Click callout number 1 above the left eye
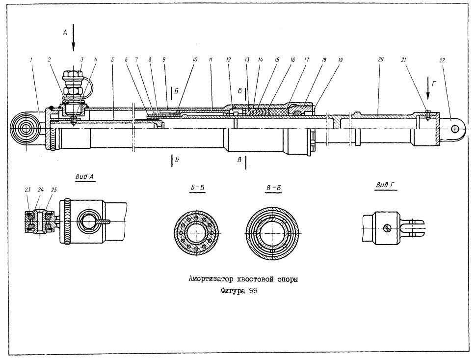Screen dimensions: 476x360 pyautogui.click(x=31, y=60)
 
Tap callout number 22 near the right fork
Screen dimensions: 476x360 pyautogui.click(x=442, y=60)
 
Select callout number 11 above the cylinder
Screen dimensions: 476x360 pyautogui.click(x=211, y=60)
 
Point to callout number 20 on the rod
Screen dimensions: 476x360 pyautogui.click(x=381, y=59)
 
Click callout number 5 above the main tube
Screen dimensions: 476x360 pyautogui.click(x=112, y=60)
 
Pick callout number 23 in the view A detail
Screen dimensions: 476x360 pyautogui.click(x=27, y=190)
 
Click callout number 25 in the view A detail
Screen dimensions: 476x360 pyautogui.click(x=53, y=190)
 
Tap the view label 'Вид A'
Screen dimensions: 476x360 pyautogui.click(x=85, y=177)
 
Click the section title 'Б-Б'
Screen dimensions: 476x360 pyautogui.click(x=197, y=188)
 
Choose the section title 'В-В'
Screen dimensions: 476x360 pyautogui.click(x=273, y=188)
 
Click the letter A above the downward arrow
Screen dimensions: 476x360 pyautogui.click(x=65, y=32)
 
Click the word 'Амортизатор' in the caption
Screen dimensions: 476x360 pyautogui.click(x=211, y=279)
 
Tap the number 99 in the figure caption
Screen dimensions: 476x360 pyautogui.click(x=253, y=291)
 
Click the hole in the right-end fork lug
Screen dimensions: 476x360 pyautogui.click(x=455, y=129)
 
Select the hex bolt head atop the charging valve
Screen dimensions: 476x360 pyautogui.click(x=73, y=74)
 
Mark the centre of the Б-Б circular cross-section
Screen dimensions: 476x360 pyautogui.click(x=197, y=233)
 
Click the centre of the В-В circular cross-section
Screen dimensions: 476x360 pyautogui.click(x=273, y=233)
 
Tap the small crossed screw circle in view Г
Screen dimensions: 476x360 pyautogui.click(x=387, y=227)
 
